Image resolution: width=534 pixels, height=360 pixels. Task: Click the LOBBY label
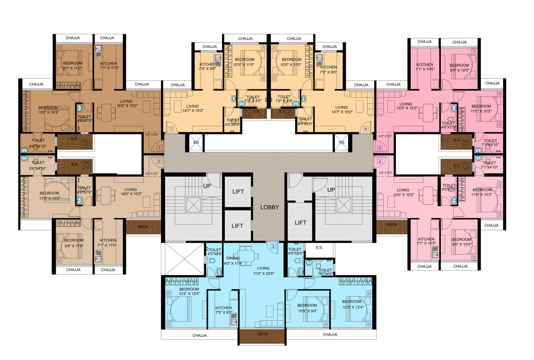[x=269, y=207]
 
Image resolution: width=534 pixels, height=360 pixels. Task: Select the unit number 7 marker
[x=171, y=128]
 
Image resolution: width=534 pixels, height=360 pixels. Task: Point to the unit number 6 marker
[x=366, y=128]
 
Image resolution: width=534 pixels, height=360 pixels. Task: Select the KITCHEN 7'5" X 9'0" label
[x=223, y=310]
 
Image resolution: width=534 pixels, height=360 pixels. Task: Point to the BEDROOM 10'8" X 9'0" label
[x=307, y=307]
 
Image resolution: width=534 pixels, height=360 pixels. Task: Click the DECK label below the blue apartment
[x=263, y=334]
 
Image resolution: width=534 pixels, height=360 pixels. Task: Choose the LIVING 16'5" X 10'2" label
[x=126, y=104]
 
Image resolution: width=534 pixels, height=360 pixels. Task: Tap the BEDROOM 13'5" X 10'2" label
[x=49, y=195]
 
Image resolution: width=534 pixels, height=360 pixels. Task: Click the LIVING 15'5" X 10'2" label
[x=406, y=106]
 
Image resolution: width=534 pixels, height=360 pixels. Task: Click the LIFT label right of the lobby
[x=300, y=223]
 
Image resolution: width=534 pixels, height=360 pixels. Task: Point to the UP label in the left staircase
[x=206, y=186]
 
